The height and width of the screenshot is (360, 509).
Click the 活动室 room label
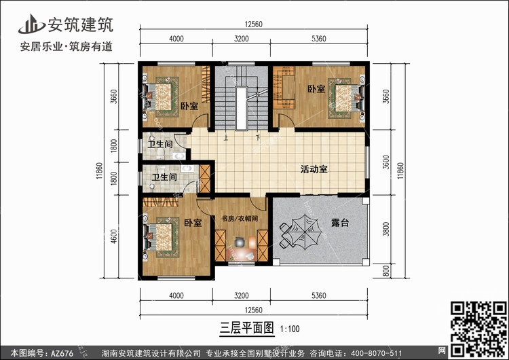point(314,170)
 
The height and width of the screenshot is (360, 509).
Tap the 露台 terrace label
point(340,223)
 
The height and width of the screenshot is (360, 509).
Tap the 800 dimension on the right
point(386,272)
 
